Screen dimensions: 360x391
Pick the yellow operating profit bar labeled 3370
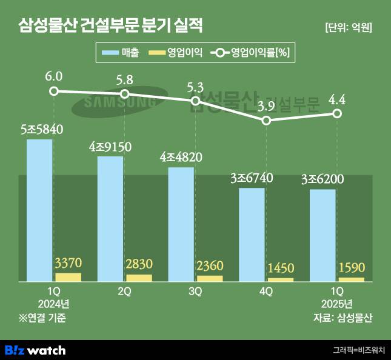[x=68, y=277]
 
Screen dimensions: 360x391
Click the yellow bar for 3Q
[x=210, y=278]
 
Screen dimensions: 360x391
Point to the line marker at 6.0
[x=54, y=91]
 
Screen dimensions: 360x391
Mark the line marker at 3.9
[x=266, y=121]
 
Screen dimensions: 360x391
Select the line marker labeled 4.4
[x=337, y=113]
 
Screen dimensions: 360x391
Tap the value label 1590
[x=352, y=267]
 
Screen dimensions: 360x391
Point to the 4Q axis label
[x=266, y=292]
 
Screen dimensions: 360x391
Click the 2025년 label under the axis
[x=337, y=303]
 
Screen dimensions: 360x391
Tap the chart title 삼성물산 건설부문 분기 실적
[x=110, y=25]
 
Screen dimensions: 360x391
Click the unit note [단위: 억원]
[x=348, y=27]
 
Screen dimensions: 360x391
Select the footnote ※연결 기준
[x=42, y=317]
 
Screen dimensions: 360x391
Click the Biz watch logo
[x=35, y=350]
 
